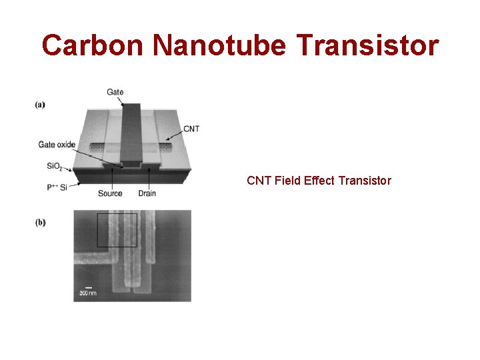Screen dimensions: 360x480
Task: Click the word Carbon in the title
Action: click(x=93, y=46)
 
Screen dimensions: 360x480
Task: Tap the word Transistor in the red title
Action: click(x=369, y=46)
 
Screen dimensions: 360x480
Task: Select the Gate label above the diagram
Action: click(x=115, y=92)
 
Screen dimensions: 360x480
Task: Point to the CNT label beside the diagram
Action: click(x=191, y=129)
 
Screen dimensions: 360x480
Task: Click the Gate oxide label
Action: click(x=57, y=145)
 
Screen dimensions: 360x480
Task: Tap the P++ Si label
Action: click(x=57, y=187)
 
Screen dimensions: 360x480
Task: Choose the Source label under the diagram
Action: click(x=110, y=193)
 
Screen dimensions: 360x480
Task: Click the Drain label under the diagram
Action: click(x=147, y=193)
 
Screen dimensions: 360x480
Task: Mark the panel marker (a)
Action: click(x=40, y=104)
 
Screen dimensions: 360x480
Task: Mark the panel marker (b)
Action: click(x=40, y=223)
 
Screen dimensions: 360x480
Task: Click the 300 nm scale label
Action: click(x=88, y=293)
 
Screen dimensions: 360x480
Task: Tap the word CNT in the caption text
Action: click(x=259, y=181)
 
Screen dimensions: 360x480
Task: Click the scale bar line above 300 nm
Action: click(x=88, y=287)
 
